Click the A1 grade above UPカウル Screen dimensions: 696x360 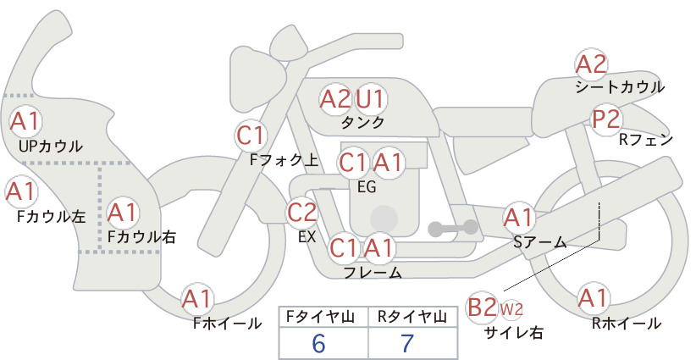[x=25, y=121]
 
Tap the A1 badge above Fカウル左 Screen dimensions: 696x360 [x=21, y=191]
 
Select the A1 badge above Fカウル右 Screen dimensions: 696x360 [x=123, y=213]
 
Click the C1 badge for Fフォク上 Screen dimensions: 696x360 [x=251, y=136]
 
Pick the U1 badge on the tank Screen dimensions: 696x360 [x=371, y=99]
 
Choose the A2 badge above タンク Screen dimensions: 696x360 [x=335, y=99]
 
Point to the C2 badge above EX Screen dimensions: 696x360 [x=302, y=212]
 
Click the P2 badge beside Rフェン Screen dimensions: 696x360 [x=606, y=119]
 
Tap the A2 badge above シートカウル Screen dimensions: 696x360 [x=591, y=64]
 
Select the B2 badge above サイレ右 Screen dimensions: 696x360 [x=482, y=307]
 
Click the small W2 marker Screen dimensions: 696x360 [x=511, y=309]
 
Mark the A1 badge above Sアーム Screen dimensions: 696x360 [x=518, y=218]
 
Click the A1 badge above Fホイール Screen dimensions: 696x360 [x=197, y=299]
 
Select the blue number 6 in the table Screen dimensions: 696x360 [x=318, y=344]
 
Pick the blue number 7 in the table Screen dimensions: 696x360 [x=407, y=344]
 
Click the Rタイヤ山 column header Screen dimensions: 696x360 [x=412, y=317]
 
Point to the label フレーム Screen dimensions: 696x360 [x=373, y=272]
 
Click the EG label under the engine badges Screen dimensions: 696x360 [x=367, y=187]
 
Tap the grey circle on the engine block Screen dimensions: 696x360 [x=384, y=219]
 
